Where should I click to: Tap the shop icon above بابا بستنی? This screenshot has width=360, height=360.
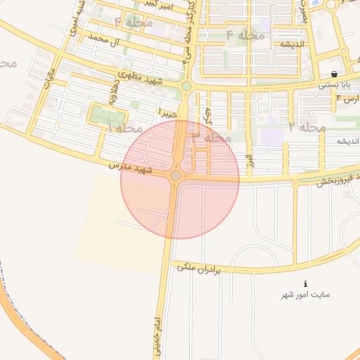click(333, 74)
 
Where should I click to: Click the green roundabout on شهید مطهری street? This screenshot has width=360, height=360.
click(186, 86)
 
